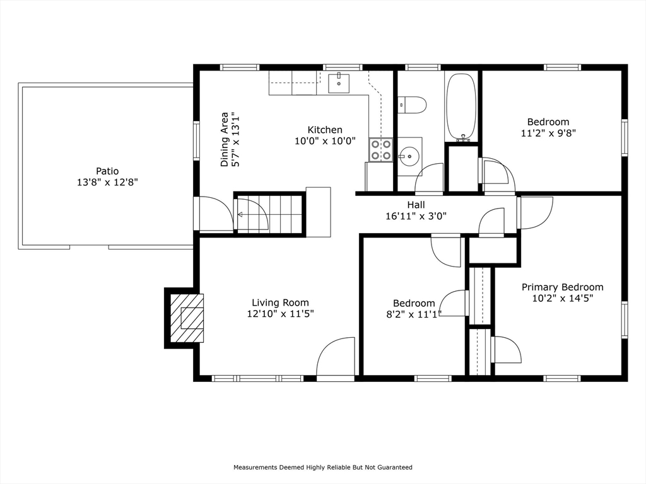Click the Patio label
[x=107, y=171]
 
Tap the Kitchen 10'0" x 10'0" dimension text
[x=325, y=141]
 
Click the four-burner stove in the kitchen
[x=380, y=149]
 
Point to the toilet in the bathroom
[x=411, y=105]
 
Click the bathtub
[x=461, y=107]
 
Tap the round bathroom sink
[x=409, y=156]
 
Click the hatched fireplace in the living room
[x=187, y=318]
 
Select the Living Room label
[x=281, y=303]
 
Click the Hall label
[x=416, y=205]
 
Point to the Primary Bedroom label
[x=562, y=287]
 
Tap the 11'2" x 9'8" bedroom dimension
[x=548, y=134]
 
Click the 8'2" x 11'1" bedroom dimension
[x=414, y=314]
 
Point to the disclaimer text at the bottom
[x=323, y=467]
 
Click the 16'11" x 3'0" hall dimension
[x=416, y=216]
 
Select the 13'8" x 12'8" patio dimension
[x=107, y=182]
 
